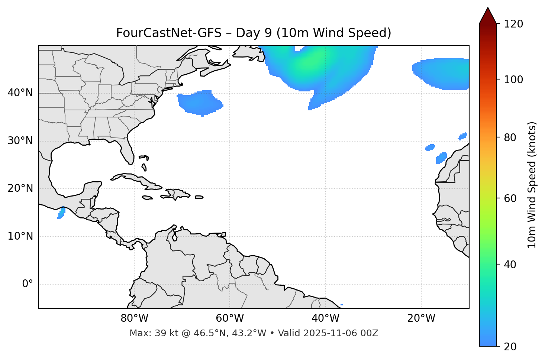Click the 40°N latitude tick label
coord(20,93)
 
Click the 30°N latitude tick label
coord(20,141)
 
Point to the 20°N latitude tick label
coord(20,189)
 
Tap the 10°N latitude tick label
coord(20,236)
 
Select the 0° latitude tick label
coord(28,284)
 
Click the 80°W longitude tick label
coord(134,318)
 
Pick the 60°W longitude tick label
coord(230,318)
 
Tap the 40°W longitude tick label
coord(325,318)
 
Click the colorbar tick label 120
coord(513,24)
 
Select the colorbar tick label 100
coord(513,80)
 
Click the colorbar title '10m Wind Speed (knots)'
coord(532,185)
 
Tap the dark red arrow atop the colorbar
coord(487,16)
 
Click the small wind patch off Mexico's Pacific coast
coord(61,213)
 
